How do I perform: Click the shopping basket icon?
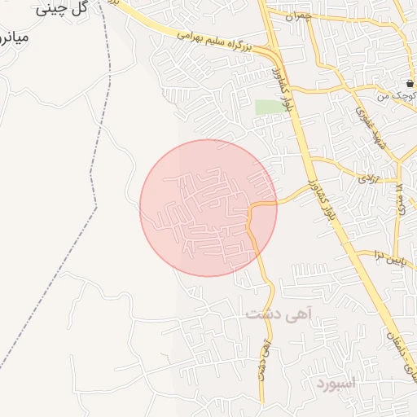(x=410, y=84)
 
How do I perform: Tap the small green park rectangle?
(x=266, y=108)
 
